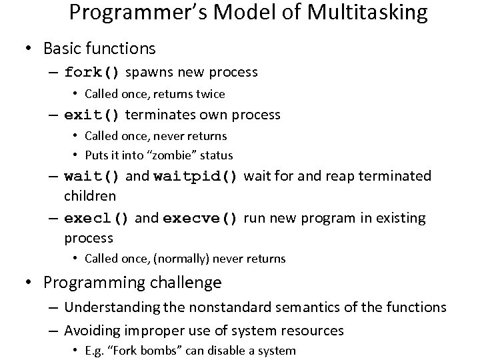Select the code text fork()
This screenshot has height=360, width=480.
pyautogui.click(x=93, y=72)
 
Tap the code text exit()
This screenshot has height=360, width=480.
pyautogui.click(x=92, y=115)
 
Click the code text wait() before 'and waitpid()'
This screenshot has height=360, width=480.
pyautogui.click(x=93, y=177)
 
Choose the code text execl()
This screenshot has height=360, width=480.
pyautogui.click(x=97, y=219)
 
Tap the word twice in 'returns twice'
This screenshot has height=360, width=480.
pyautogui.click(x=209, y=94)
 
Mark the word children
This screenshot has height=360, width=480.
pyautogui.click(x=90, y=197)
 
